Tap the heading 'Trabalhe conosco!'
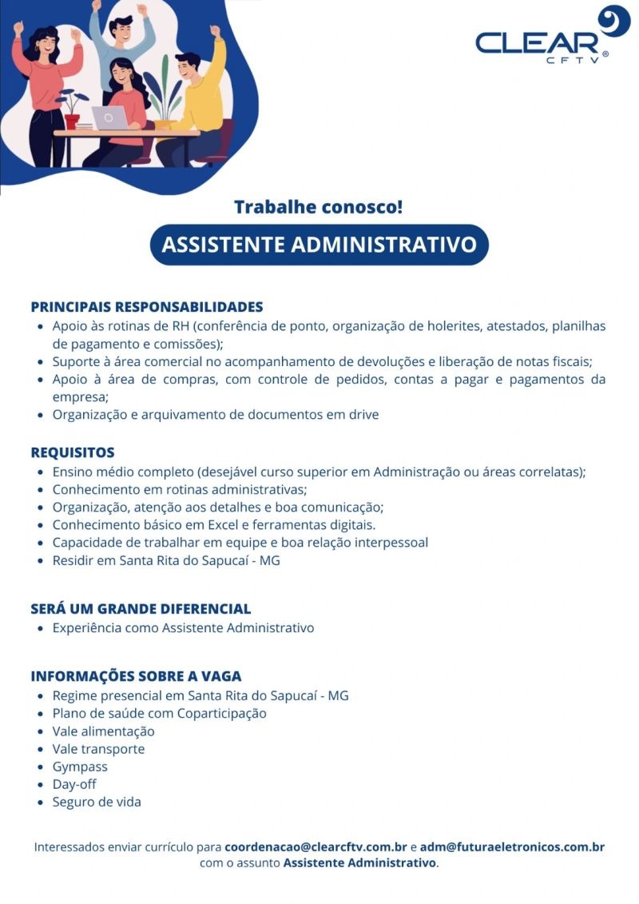(319, 207)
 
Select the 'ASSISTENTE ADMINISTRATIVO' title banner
(319, 245)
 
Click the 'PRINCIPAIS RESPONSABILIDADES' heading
(147, 307)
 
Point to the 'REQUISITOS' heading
(73, 452)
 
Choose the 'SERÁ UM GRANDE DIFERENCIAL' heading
(141, 608)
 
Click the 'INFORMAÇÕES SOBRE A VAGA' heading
(136, 676)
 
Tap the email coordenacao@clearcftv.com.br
(316, 846)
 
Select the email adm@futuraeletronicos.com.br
(512, 846)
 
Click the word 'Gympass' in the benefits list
(80, 767)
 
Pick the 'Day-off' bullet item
(74, 784)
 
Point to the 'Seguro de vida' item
(97, 802)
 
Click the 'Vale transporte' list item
(98, 749)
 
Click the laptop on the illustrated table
(109, 118)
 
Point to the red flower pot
(72, 121)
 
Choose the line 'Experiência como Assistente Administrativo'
(183, 627)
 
